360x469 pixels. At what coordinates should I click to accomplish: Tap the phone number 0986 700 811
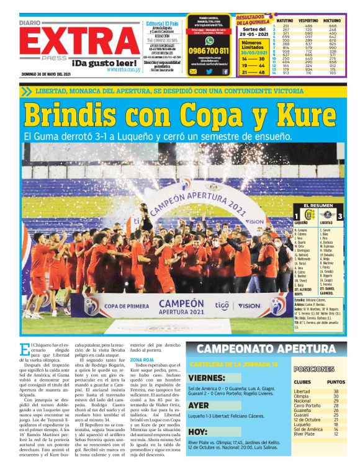coord(209,51)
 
